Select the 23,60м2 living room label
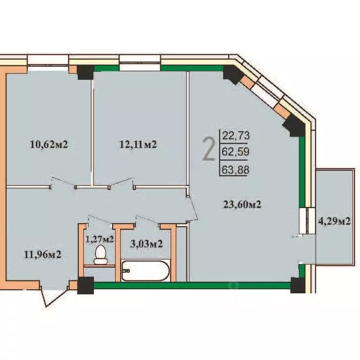coord(244,204)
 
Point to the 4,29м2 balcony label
coord(334,221)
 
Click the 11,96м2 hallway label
coord(42,254)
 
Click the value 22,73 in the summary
coord(235,135)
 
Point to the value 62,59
coord(235,151)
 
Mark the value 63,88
coord(235,170)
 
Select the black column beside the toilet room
coord(85,285)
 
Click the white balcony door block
coord(306,220)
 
